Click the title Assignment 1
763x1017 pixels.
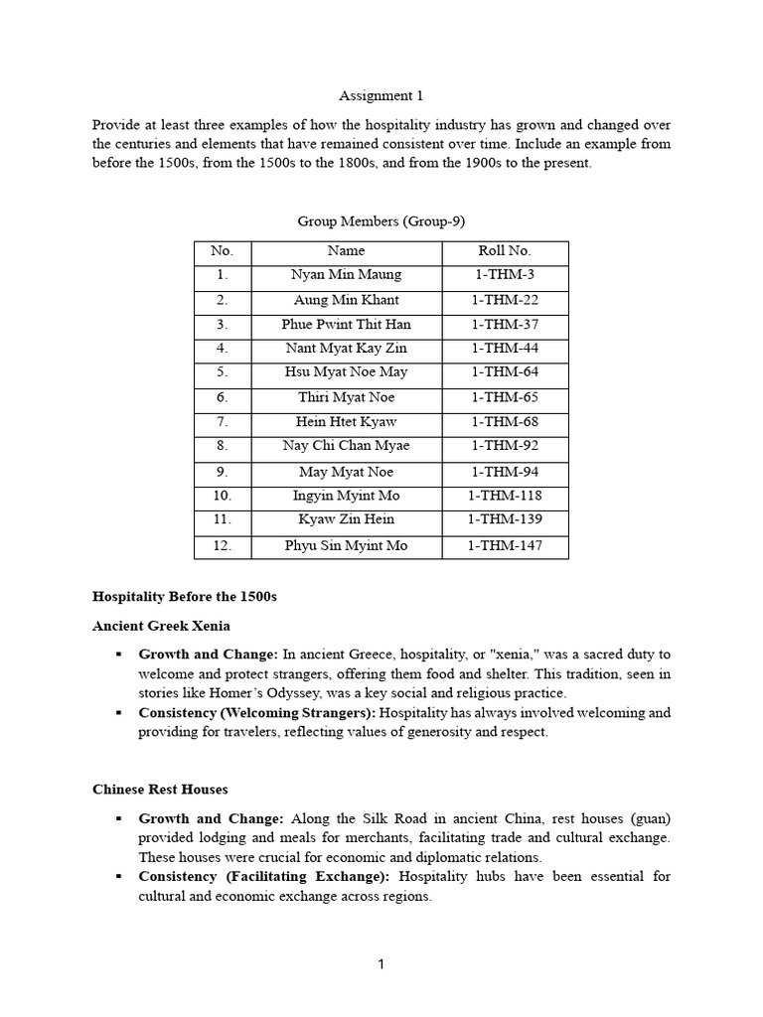pyautogui.click(x=381, y=96)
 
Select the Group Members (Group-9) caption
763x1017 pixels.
pyautogui.click(x=381, y=221)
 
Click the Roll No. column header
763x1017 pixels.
pyautogui.click(x=505, y=252)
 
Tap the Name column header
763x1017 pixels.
pyautogui.click(x=346, y=252)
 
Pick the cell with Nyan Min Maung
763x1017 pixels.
pyautogui.click(x=346, y=275)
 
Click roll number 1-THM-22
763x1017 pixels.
pyautogui.click(x=505, y=300)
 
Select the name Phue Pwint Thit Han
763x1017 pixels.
pyautogui.click(x=346, y=325)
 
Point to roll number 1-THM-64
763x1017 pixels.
pyautogui.click(x=505, y=372)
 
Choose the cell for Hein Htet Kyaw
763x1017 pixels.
pyautogui.click(x=346, y=422)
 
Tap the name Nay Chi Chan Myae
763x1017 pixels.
pyautogui.click(x=346, y=446)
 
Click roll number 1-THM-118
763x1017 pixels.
pyautogui.click(x=505, y=496)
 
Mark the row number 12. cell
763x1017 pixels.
pyautogui.click(x=222, y=546)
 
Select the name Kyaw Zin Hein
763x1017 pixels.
pyautogui.click(x=346, y=519)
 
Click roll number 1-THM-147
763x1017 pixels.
pyautogui.click(x=505, y=546)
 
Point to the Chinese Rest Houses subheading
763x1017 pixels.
pyautogui.click(x=160, y=790)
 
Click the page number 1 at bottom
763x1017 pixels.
pyautogui.click(x=381, y=963)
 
